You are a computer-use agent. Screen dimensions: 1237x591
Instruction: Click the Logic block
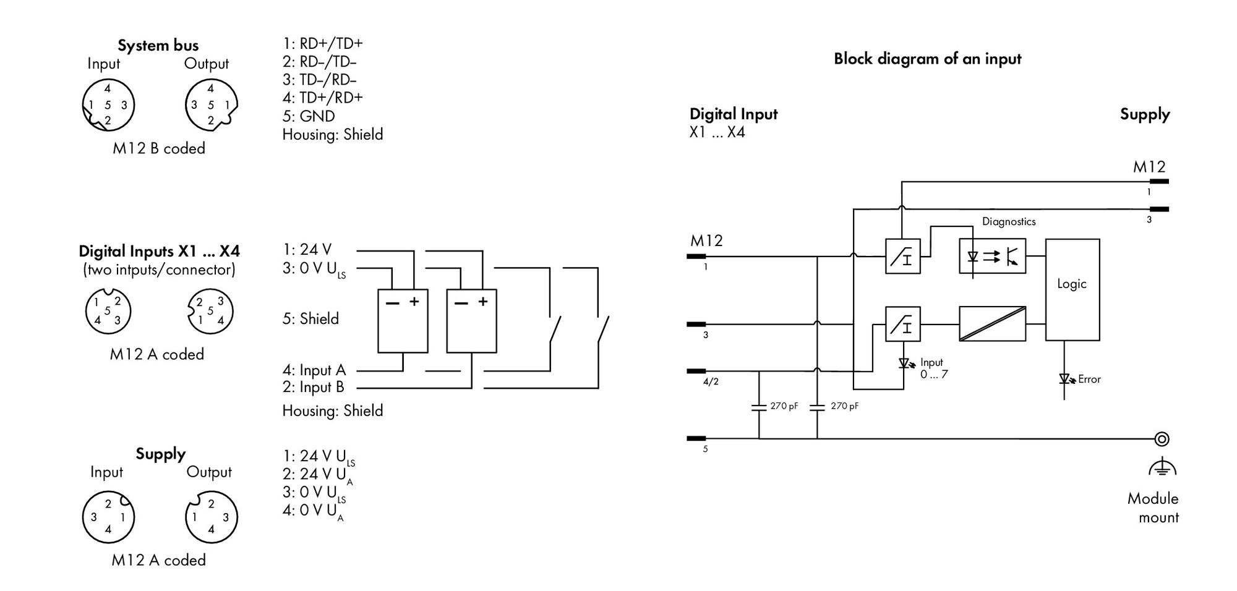(x=1072, y=289)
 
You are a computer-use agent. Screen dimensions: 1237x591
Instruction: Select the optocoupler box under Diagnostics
(x=992, y=256)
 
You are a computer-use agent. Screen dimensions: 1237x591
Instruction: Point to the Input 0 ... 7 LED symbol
(x=906, y=364)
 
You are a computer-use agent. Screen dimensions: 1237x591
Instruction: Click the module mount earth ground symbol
(x=1162, y=468)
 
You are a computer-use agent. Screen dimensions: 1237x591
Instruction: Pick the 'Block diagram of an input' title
(x=927, y=59)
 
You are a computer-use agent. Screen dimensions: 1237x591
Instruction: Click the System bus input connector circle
(x=108, y=104)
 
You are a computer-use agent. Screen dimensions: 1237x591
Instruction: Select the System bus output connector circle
(x=212, y=104)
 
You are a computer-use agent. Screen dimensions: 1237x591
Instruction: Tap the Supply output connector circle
(x=212, y=517)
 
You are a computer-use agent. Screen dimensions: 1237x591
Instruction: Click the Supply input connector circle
(x=108, y=517)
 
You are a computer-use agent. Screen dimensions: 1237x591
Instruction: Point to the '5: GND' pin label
(x=309, y=116)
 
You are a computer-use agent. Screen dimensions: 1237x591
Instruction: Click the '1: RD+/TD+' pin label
(x=323, y=43)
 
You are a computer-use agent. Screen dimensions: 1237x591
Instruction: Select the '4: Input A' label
(x=314, y=370)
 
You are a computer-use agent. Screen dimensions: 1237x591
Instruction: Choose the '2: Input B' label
(x=313, y=387)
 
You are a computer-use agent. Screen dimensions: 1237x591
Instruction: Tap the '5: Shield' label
(x=310, y=318)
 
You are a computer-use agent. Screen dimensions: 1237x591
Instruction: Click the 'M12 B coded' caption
(x=159, y=148)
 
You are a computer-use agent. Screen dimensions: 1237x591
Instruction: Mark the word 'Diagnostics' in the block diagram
(x=1009, y=221)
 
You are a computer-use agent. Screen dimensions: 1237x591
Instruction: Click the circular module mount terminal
(x=1162, y=439)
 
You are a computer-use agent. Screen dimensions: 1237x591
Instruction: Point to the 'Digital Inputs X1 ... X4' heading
(x=159, y=251)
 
